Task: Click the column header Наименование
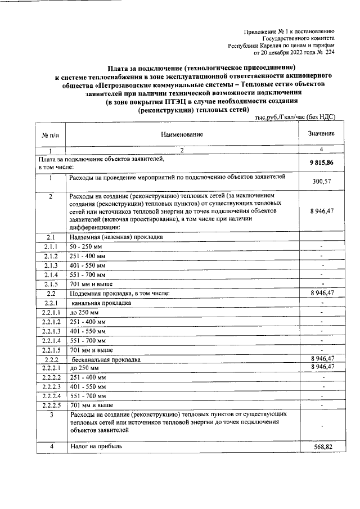pos(181,134)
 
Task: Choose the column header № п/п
pos(49,135)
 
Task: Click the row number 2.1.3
pos(50,265)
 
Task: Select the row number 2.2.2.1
pos(50,368)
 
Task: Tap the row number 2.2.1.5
pos(50,350)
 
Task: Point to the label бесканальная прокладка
pos(106,359)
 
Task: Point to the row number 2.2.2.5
pos(50,404)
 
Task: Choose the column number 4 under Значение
pos(321,150)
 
